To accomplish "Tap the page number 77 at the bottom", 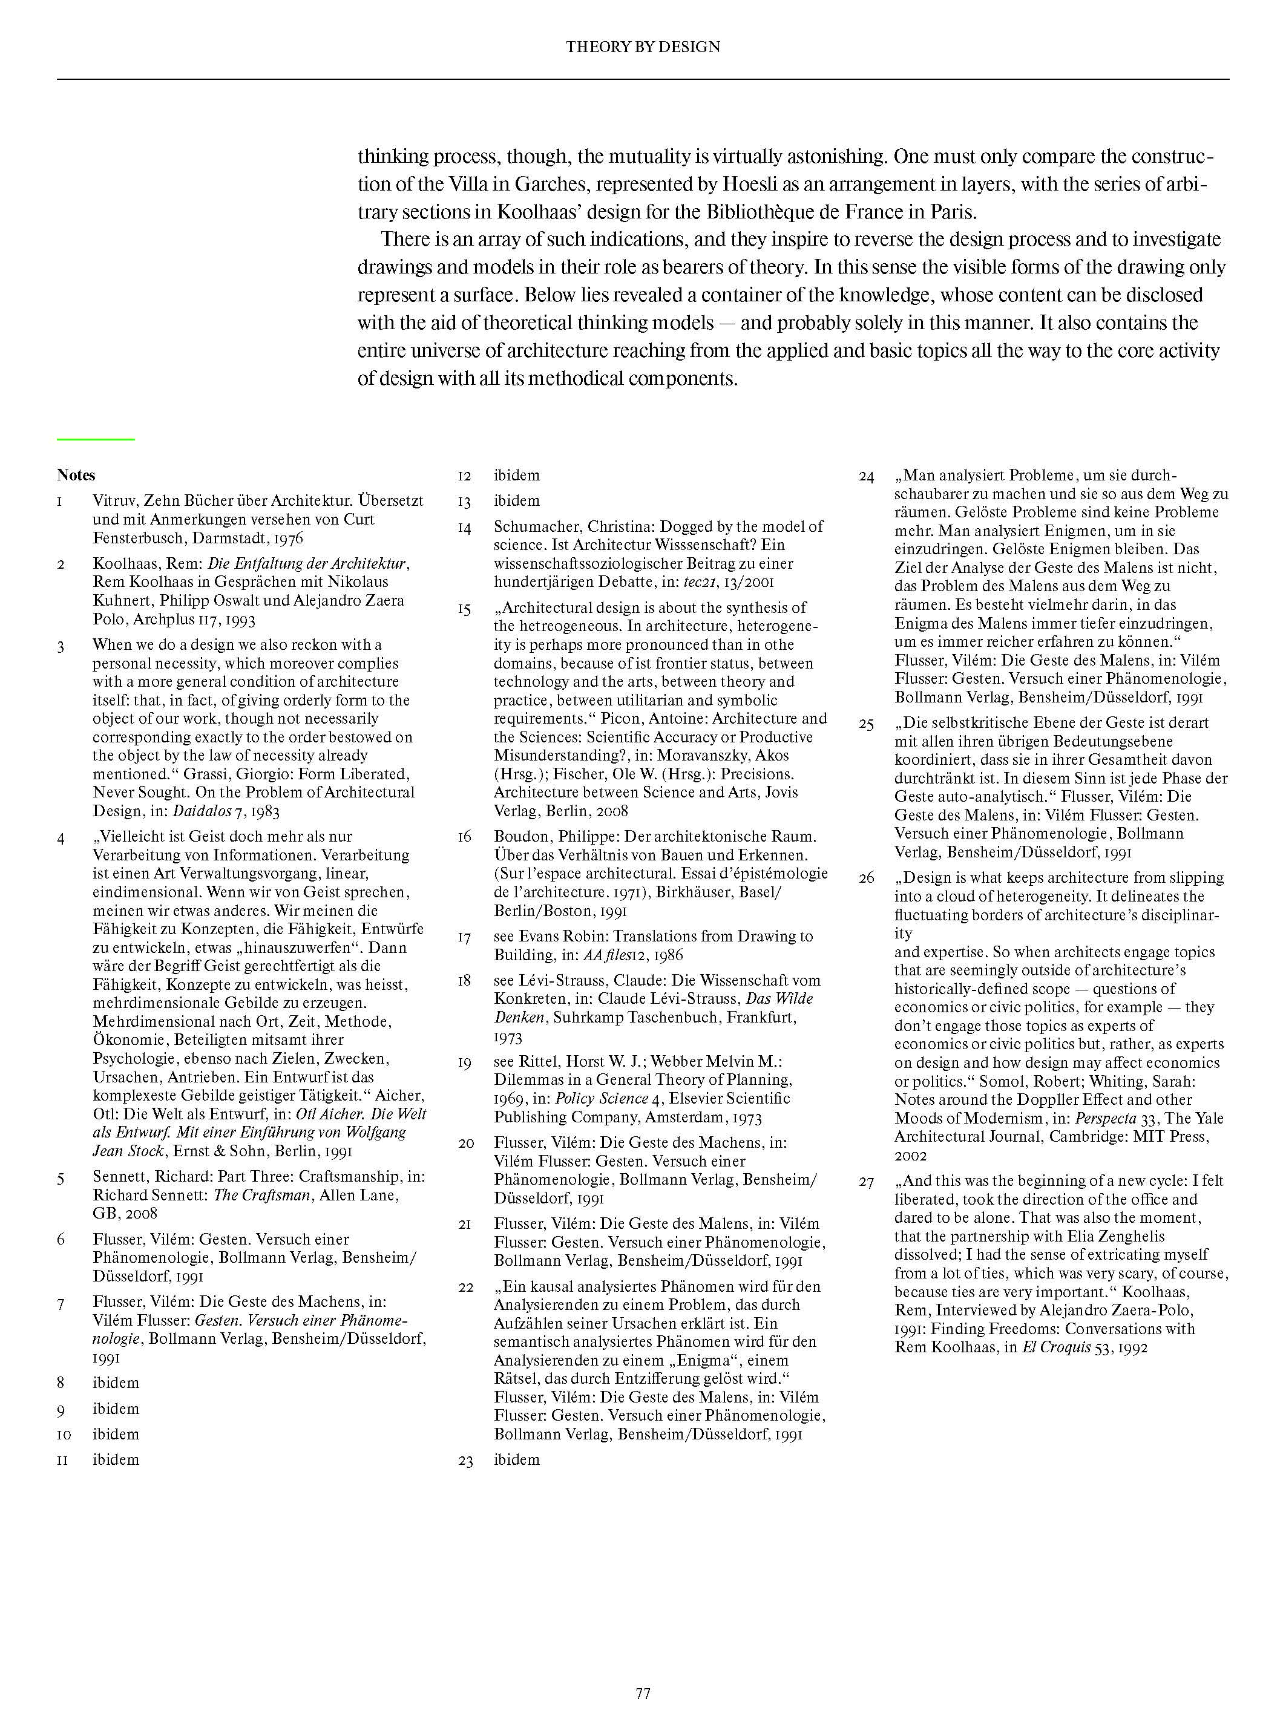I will [x=642, y=1693].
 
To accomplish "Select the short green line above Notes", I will [x=96, y=439].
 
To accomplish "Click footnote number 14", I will [x=464, y=528].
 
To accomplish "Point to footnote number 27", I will [x=866, y=1182].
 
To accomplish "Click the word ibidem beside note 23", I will [x=516, y=1459].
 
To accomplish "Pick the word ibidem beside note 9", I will [x=116, y=1408].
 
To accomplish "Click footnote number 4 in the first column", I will [x=61, y=837].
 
